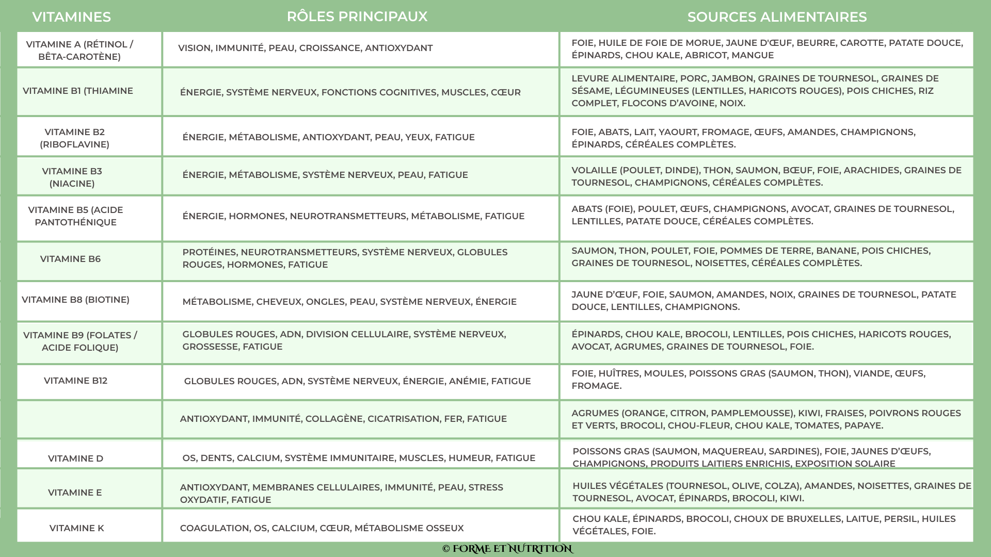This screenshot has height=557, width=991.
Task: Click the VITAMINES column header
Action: click(x=71, y=17)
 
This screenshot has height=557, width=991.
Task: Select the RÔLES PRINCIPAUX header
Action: click(x=357, y=17)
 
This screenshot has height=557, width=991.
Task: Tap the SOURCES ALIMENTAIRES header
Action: click(x=777, y=17)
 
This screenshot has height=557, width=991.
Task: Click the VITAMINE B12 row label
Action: click(x=75, y=381)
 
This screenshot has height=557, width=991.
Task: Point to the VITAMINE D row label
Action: click(x=75, y=458)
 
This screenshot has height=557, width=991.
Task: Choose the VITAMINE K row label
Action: click(x=76, y=528)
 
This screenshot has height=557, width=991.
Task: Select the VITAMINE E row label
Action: click(x=75, y=493)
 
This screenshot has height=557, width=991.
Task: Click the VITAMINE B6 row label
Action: click(x=70, y=259)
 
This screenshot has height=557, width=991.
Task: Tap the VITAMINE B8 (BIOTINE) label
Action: click(x=75, y=300)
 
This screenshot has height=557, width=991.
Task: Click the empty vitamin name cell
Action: click(x=89, y=419)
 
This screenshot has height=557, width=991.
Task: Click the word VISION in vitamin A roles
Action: click(x=194, y=48)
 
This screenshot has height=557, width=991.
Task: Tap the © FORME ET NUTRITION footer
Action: click(x=507, y=549)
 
